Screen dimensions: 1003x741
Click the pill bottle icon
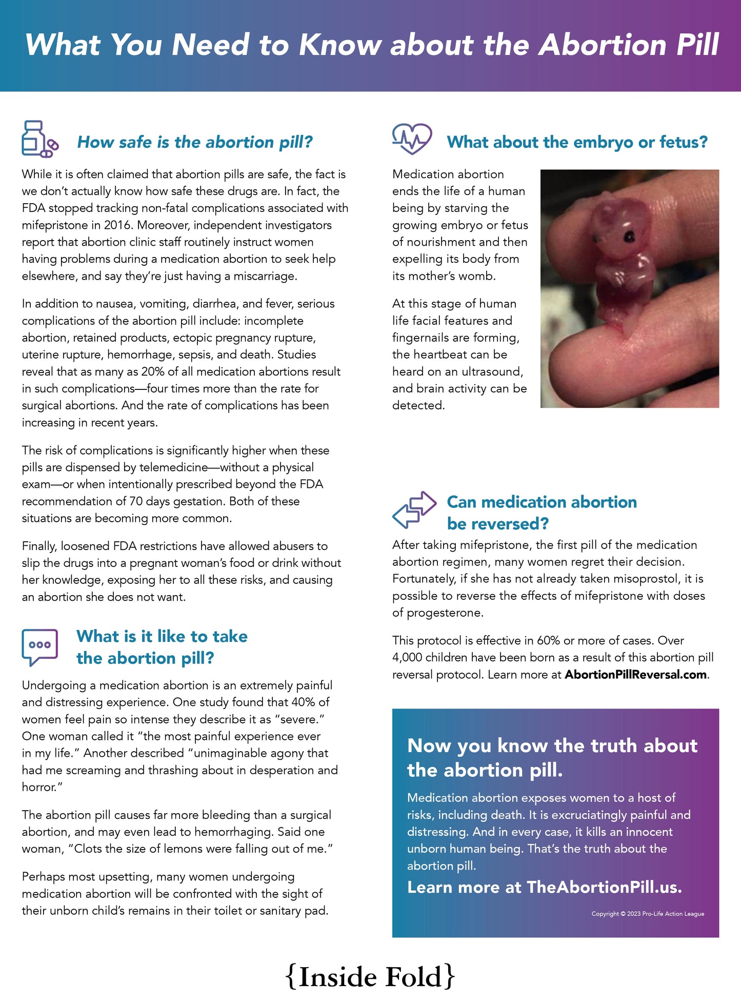[39, 139]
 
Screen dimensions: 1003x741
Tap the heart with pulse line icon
[412, 139]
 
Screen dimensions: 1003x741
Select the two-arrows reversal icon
[414, 509]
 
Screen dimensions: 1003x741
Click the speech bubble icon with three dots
[39, 646]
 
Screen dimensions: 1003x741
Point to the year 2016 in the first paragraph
[117, 225]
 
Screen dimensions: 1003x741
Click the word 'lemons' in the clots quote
[185, 849]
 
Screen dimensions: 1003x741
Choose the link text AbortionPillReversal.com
[636, 675]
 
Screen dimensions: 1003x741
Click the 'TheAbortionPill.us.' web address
[604, 887]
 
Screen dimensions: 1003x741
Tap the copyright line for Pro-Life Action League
[648, 914]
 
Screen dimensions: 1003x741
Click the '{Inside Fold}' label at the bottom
[370, 977]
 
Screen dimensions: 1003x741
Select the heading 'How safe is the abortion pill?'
[195, 142]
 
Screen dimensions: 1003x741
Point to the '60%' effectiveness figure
[548, 641]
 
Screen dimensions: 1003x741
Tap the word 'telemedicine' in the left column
[174, 467]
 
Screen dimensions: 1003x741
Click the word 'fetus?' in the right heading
[684, 142]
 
